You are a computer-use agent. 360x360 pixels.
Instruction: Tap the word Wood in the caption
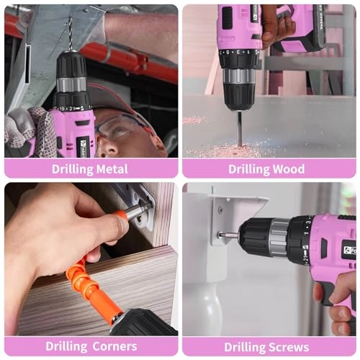tap(287, 169)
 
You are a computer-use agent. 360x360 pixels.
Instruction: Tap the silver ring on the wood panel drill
tap(238, 76)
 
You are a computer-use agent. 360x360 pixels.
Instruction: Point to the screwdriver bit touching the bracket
tap(228, 235)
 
